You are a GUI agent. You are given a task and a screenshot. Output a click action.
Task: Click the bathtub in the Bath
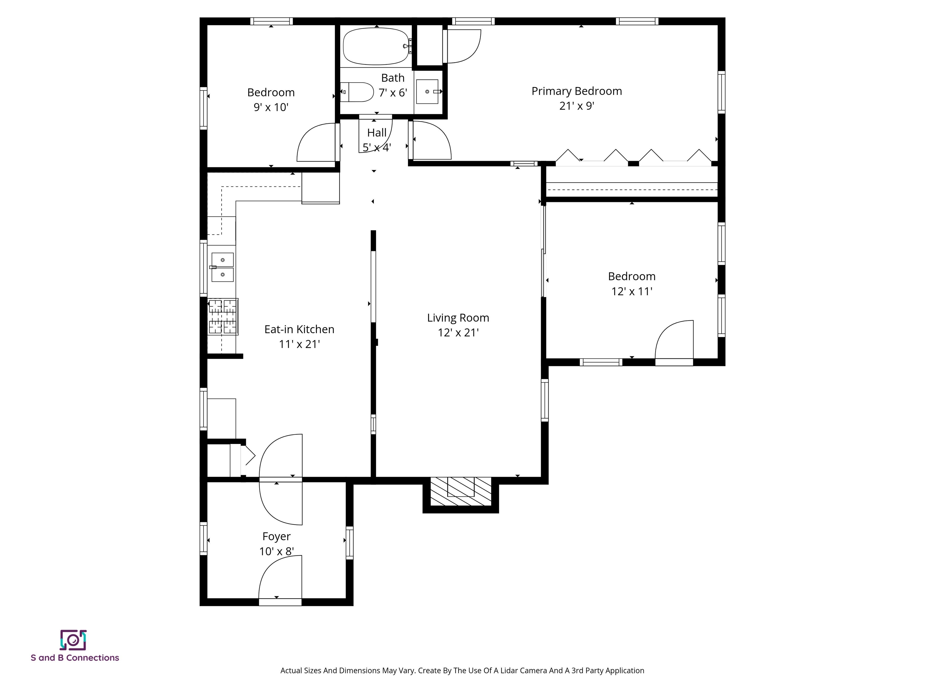pos(375,46)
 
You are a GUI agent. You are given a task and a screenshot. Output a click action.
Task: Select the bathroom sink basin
pos(427,92)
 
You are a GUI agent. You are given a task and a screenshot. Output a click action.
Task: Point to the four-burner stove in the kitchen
pos(223,317)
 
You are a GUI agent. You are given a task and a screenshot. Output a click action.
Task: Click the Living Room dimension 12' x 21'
pos(458,333)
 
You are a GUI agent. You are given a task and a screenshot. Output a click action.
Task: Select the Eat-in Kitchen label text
pos(299,329)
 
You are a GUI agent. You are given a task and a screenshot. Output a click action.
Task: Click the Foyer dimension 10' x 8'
pos(276,551)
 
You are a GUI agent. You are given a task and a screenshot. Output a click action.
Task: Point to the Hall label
pos(376,133)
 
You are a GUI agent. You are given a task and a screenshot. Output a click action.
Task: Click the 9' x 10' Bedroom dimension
pos(271,108)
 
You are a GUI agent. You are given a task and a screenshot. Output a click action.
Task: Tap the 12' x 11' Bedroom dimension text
pos(631,292)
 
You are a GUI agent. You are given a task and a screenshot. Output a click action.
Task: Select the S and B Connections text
pos(75,658)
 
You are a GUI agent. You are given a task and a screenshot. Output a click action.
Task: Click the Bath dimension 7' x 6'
pos(393,93)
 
